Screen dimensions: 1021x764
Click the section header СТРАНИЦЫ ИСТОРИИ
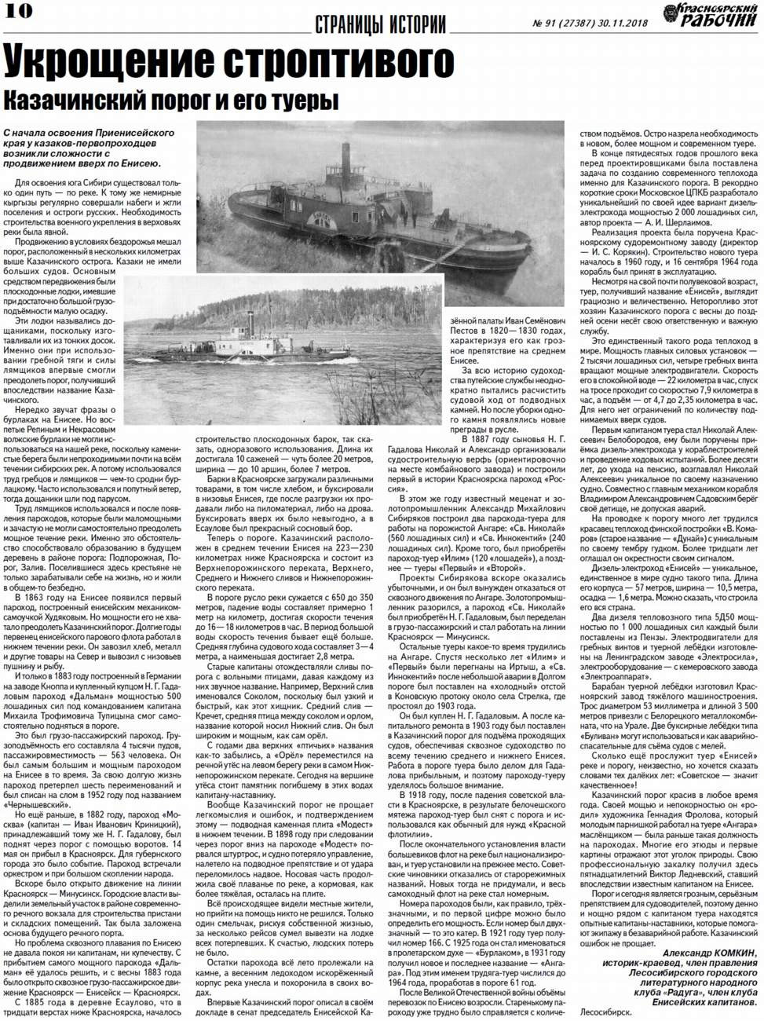point(380,24)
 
